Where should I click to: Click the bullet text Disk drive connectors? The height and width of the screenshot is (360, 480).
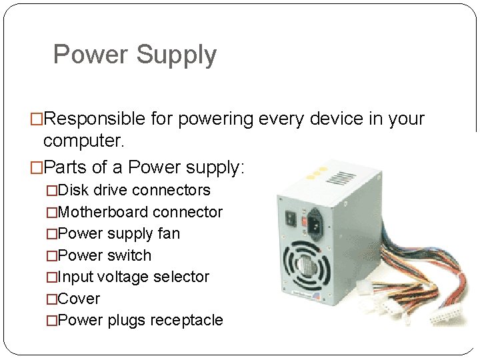134,191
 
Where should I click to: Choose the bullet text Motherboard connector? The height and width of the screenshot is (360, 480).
140,213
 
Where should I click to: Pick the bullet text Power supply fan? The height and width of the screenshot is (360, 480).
119,234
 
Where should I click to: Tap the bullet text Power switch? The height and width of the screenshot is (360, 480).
105,256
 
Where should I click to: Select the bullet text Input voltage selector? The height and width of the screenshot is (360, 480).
133,277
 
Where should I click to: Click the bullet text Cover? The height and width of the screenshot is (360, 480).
79,299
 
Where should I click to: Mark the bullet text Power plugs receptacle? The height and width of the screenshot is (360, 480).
140,321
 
